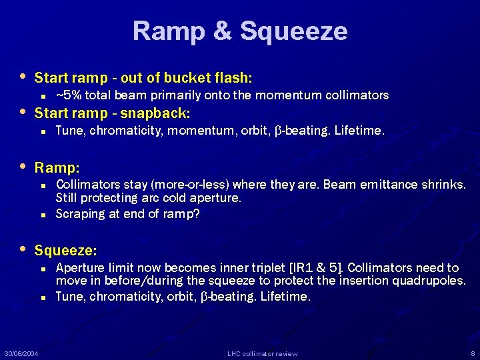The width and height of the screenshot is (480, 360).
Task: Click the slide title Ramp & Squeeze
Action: [x=240, y=31]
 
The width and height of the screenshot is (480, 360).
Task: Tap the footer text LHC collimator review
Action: [x=263, y=353]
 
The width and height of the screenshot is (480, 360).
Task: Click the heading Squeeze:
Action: [x=66, y=251]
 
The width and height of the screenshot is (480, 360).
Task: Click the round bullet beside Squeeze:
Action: [x=24, y=249]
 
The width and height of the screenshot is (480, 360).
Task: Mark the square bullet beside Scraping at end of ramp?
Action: [x=42, y=214]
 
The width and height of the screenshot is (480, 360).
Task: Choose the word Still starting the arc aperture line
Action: [x=67, y=198]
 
